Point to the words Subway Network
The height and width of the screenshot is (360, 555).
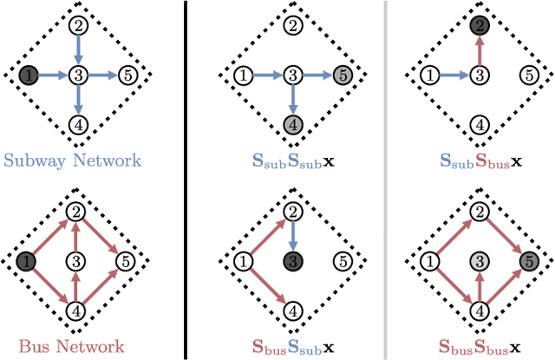(x=72, y=160)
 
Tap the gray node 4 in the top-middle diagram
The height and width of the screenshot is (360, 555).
(x=295, y=126)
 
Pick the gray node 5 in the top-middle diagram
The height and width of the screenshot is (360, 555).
(x=344, y=75)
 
